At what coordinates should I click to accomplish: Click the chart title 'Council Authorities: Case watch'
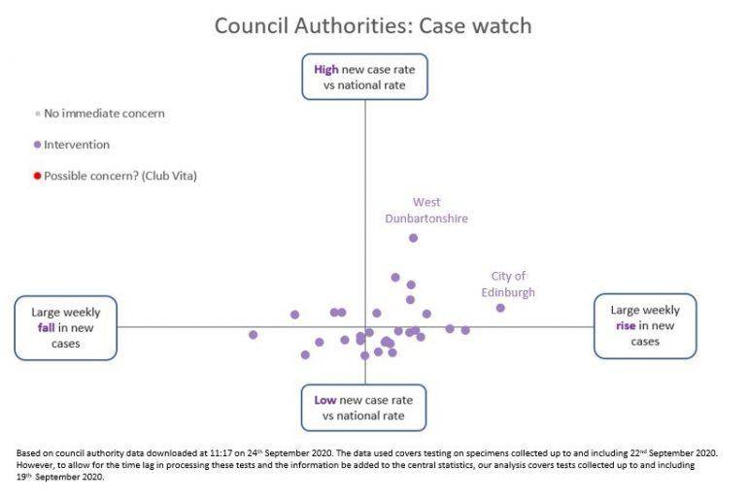coord(373,25)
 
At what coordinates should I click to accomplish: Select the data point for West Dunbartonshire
coord(414,238)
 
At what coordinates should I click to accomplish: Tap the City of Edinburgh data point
coord(500,308)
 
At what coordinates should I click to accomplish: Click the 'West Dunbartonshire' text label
coord(426,211)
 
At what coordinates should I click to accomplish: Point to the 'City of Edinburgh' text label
coord(508,284)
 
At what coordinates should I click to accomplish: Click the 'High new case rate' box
coord(364,78)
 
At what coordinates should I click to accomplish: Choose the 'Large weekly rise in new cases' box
coord(645,326)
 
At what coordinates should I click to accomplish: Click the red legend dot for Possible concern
coord(37,176)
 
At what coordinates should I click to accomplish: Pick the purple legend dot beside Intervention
coord(37,145)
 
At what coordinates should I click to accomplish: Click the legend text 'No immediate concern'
coord(105,114)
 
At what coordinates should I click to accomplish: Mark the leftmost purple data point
coord(254,335)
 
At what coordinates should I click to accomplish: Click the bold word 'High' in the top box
coord(325,70)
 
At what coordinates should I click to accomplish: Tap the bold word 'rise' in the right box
coord(626,326)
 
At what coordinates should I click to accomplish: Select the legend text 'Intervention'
coord(77,145)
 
